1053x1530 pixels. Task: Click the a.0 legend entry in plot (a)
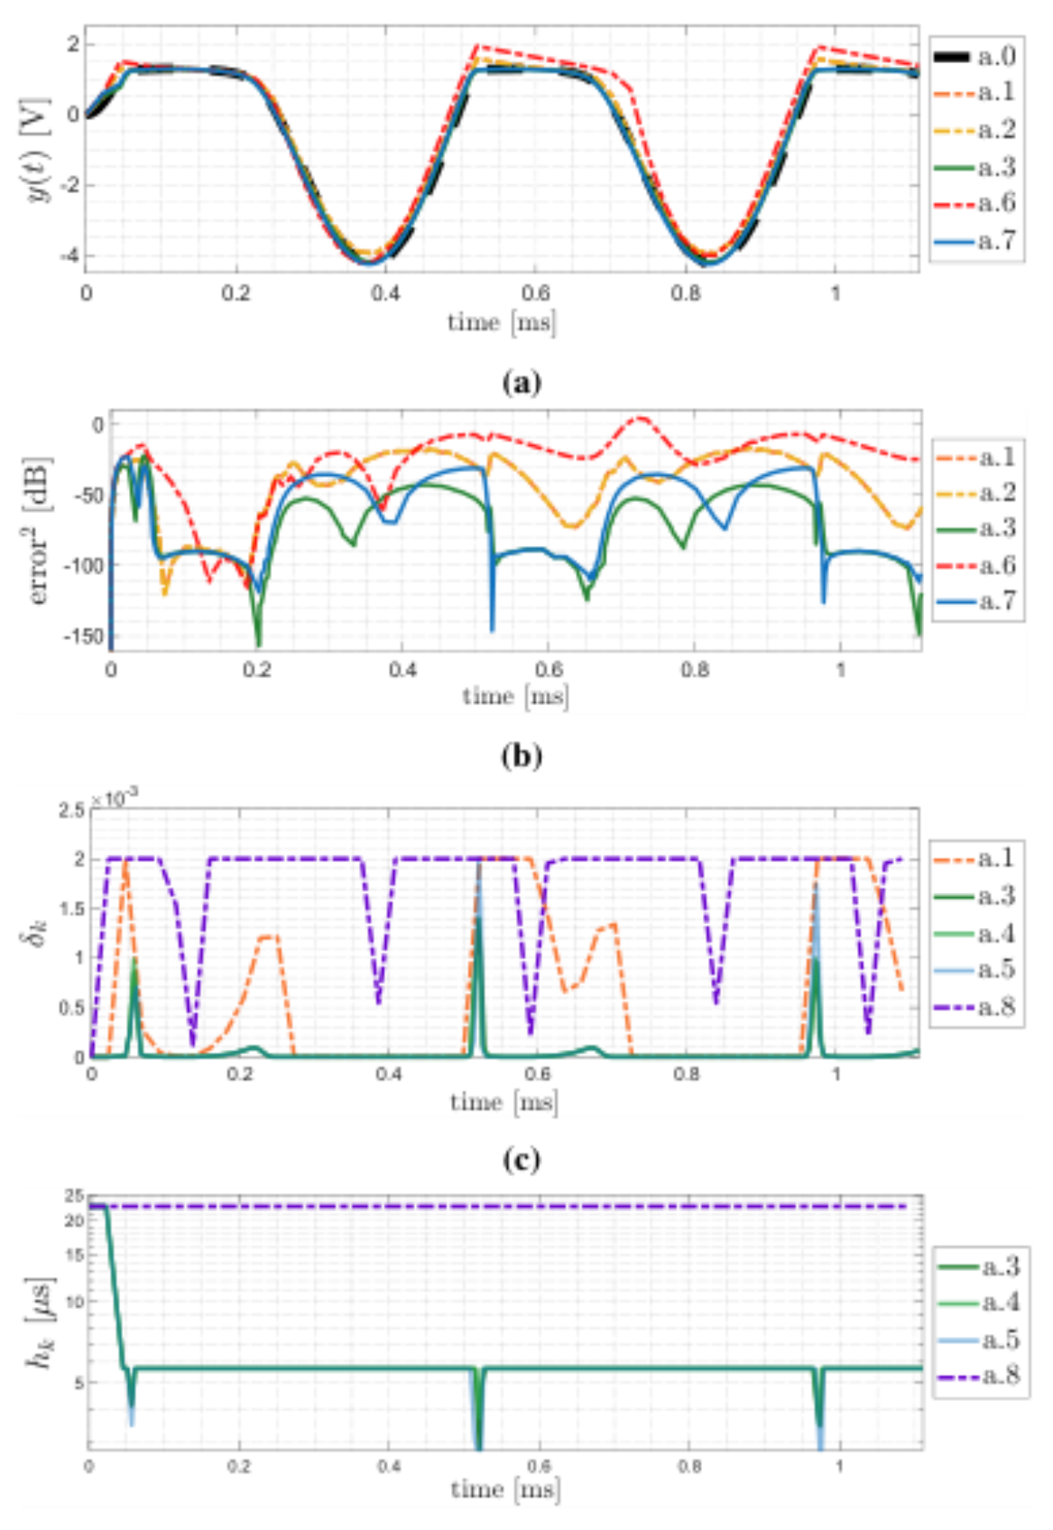coord(975,56)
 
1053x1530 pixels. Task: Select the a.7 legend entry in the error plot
coord(977,601)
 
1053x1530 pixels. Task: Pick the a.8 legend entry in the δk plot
coord(975,1006)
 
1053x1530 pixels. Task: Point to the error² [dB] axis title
coord(39,531)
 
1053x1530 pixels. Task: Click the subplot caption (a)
coord(522,382)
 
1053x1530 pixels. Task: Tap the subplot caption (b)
coord(522,756)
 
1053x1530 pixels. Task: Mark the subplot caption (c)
coord(522,1160)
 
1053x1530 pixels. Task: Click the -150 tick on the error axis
coord(84,636)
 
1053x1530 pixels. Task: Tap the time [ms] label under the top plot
coord(502,322)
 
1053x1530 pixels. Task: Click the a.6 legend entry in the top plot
coord(975,204)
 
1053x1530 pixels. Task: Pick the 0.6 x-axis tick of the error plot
coord(548,670)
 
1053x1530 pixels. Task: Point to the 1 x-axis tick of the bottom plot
coord(839,1466)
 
